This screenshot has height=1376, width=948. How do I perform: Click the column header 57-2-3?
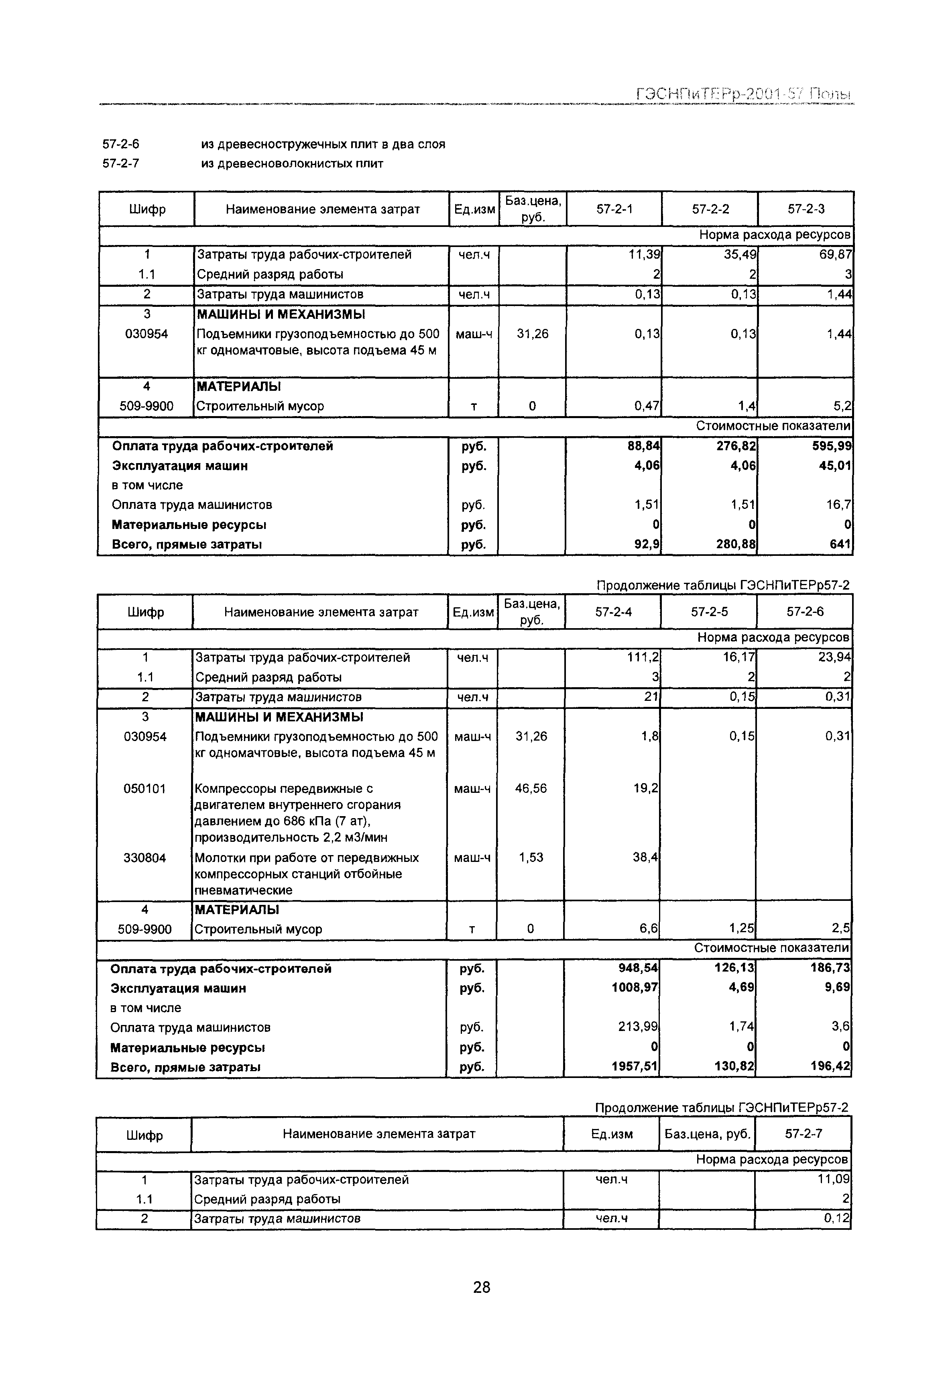[806, 208]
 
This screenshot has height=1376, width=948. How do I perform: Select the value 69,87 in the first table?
[835, 254]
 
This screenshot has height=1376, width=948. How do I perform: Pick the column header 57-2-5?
[709, 612]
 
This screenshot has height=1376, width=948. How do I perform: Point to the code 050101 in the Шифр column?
[144, 789]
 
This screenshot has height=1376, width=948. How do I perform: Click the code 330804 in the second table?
[144, 858]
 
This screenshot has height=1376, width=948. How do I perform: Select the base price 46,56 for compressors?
[531, 789]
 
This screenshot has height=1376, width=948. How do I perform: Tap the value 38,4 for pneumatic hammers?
[646, 858]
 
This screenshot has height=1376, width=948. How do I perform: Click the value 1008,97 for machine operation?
[635, 988]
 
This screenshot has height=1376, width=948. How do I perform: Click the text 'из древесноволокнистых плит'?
[292, 163]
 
